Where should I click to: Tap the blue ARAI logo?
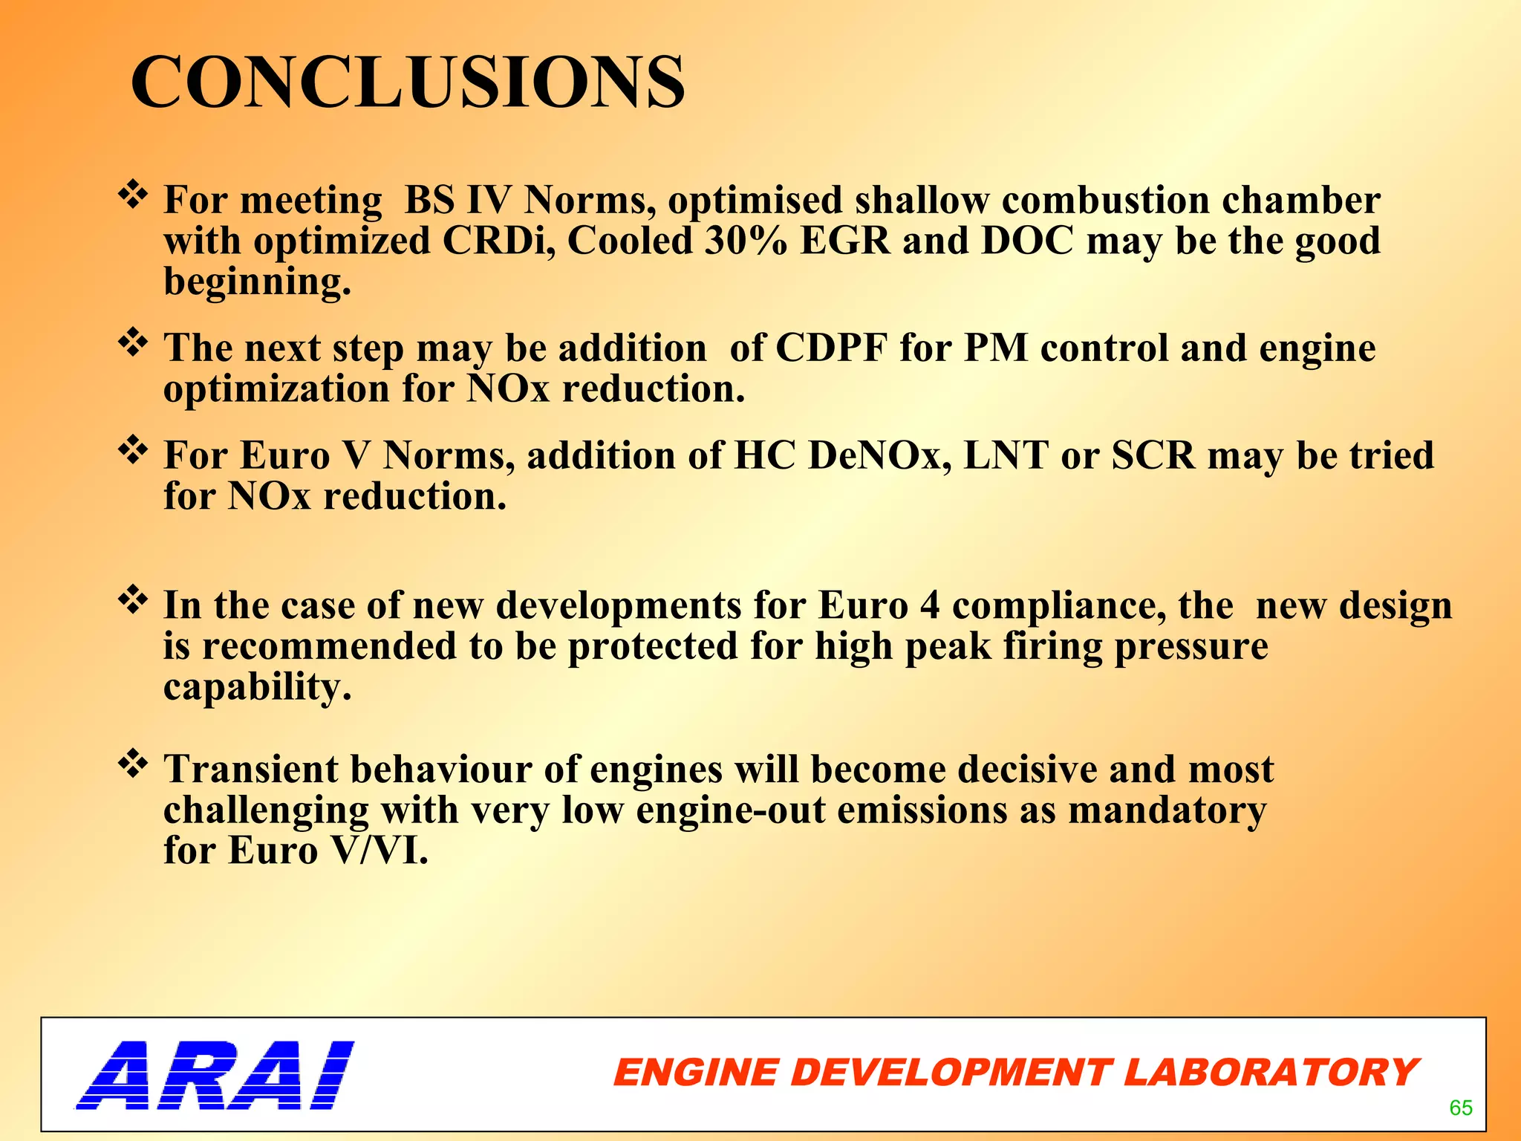(215, 1075)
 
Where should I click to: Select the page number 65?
(1460, 1108)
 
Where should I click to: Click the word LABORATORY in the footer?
(1270, 1073)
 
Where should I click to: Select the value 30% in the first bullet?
(746, 241)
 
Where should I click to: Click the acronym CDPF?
(832, 348)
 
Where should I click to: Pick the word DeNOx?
(880, 455)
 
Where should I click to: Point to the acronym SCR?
(1153, 455)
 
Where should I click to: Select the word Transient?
(250, 769)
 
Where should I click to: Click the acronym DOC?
(1027, 241)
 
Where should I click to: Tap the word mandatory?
(1167, 810)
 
